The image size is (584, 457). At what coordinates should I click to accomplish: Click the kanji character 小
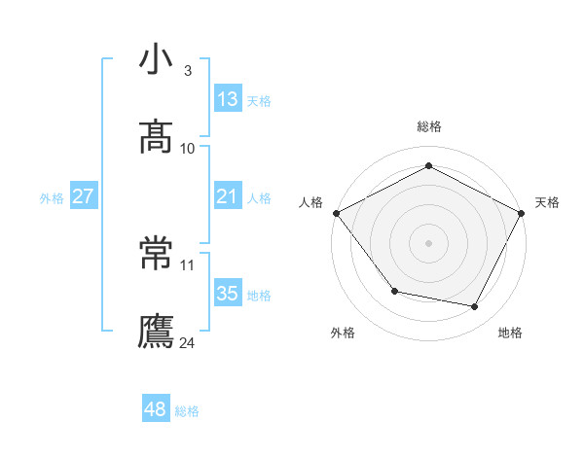(157, 60)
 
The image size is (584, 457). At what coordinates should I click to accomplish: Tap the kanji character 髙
(157, 138)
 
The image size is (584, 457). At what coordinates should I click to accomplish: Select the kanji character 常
(157, 255)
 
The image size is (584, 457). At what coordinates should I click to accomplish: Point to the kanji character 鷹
(157, 332)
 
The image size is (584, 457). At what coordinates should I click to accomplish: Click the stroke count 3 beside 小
(187, 71)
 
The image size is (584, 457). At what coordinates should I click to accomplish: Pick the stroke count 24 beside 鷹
(188, 342)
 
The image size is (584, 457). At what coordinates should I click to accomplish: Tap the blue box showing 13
(228, 99)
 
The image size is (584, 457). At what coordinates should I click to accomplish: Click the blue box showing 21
(228, 196)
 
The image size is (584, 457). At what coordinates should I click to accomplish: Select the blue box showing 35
(228, 294)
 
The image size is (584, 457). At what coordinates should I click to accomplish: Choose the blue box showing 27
(83, 196)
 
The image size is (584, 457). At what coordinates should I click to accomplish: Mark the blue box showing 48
(156, 409)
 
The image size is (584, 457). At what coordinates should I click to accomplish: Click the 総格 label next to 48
(187, 411)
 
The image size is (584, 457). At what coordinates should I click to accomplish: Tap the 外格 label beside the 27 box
(52, 198)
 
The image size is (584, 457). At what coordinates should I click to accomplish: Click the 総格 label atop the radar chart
(429, 126)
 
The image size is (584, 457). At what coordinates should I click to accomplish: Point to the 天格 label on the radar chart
(547, 202)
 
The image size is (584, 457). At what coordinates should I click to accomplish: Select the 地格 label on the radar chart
(510, 333)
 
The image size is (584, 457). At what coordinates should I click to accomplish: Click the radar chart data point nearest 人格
(336, 212)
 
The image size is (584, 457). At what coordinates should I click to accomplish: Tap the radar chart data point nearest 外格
(394, 291)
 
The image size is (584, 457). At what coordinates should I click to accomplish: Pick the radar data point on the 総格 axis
(429, 166)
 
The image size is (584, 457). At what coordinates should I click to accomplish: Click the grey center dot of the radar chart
(429, 242)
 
